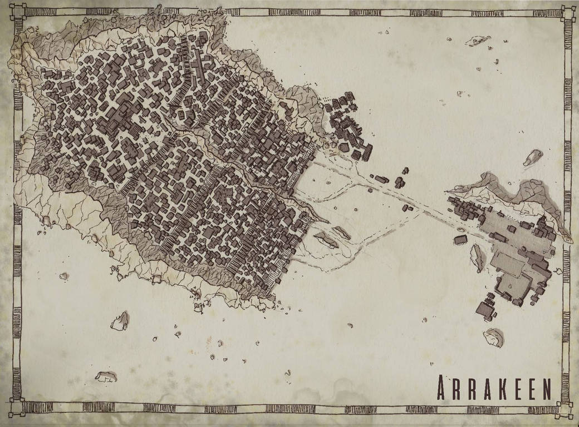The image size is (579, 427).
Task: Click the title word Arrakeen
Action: [x=494, y=385]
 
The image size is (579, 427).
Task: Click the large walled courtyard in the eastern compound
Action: [x=511, y=285]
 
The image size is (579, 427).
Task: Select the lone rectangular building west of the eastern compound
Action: [x=460, y=240]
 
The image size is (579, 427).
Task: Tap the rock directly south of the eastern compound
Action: [x=493, y=336]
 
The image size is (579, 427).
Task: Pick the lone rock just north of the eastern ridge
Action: [x=533, y=157]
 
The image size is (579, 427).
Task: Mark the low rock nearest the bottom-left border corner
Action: [x=105, y=376]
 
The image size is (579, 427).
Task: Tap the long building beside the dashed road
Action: [x=381, y=179]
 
